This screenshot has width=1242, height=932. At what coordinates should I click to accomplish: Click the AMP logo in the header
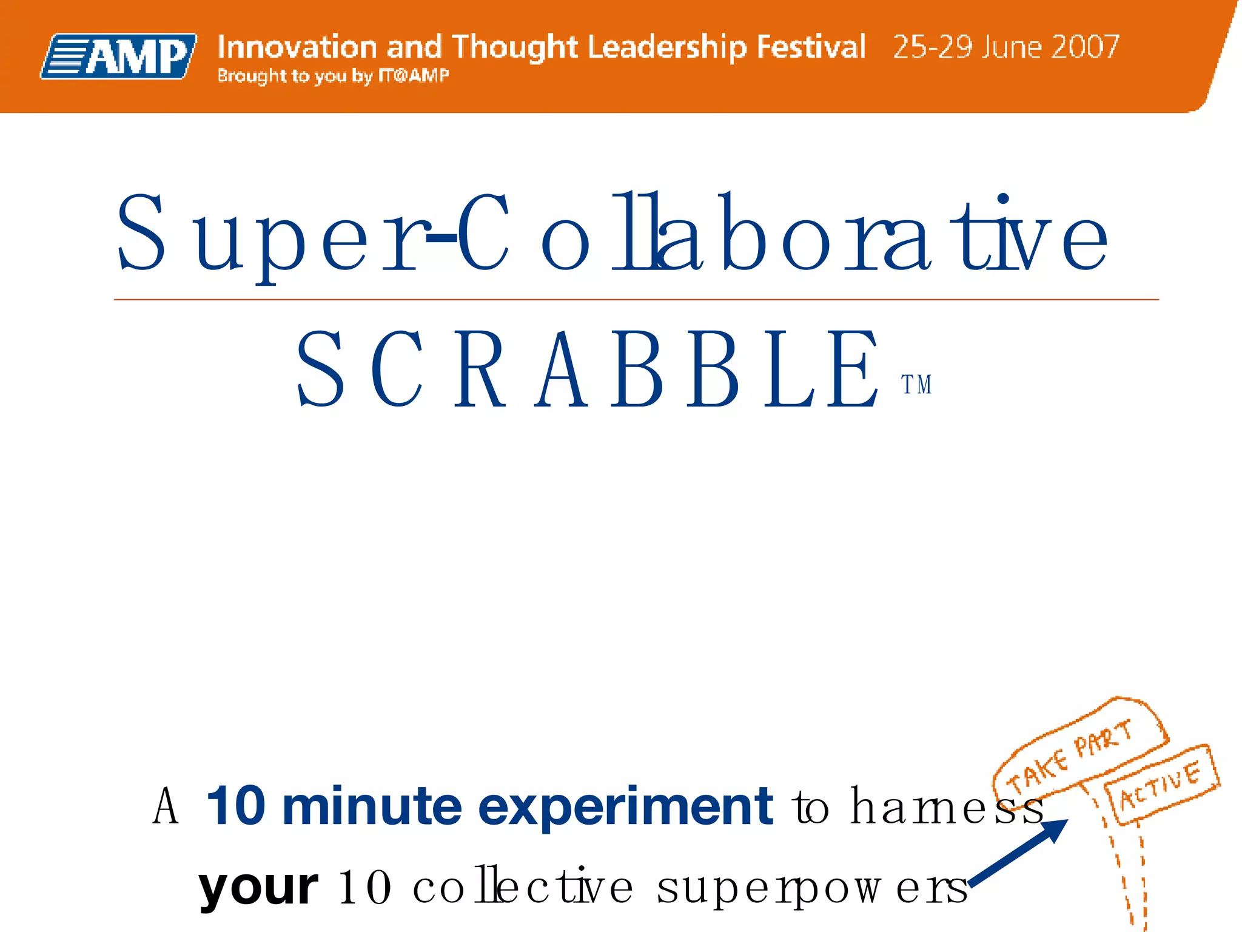[x=119, y=56]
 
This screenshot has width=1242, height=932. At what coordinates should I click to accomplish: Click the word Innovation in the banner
[x=297, y=47]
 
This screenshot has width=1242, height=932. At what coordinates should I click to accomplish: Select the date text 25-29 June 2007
[x=1005, y=47]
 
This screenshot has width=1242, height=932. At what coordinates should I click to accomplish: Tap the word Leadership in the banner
[x=667, y=47]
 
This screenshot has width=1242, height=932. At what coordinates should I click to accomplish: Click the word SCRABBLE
[x=587, y=370]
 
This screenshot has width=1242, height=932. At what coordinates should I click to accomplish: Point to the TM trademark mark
[x=916, y=385]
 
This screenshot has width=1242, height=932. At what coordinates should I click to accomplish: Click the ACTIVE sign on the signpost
[x=1160, y=785]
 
